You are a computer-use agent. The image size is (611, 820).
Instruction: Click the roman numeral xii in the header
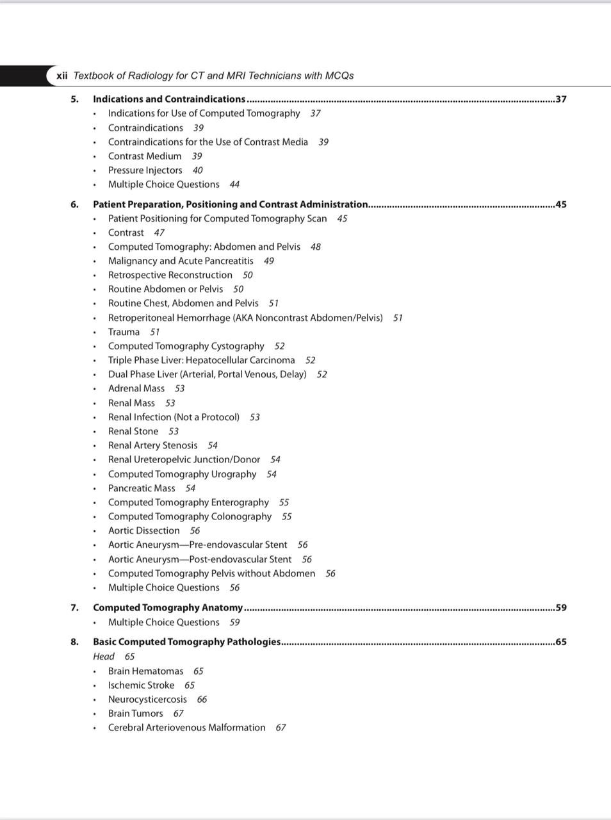(62, 76)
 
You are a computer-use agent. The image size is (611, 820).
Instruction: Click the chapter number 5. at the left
(75, 99)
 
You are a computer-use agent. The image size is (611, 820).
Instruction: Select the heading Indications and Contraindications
(169, 99)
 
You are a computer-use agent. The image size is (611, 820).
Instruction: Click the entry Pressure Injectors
(145, 170)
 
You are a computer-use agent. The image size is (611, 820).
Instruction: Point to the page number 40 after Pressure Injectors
(197, 170)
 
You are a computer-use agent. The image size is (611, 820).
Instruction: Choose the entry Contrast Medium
(145, 156)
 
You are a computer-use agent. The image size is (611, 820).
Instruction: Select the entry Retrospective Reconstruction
(170, 275)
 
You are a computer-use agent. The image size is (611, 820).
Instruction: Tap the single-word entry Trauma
(124, 332)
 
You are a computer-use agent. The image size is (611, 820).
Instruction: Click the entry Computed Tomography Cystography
(186, 346)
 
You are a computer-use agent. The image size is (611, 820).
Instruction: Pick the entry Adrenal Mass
(136, 389)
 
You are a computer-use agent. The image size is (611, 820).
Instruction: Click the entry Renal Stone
(133, 431)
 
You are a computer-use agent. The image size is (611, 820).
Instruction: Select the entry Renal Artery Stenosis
(152, 445)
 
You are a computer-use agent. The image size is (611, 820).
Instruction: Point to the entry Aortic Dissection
(143, 530)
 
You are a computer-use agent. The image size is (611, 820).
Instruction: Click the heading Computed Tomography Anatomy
(168, 608)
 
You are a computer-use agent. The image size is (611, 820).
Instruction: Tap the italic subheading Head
(104, 657)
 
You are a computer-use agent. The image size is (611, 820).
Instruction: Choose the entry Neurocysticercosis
(147, 700)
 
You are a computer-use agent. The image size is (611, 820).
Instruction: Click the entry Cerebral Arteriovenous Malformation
(186, 728)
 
